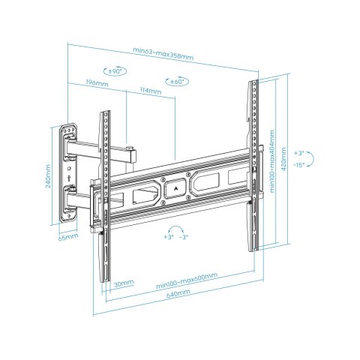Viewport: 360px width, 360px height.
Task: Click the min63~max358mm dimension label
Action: (163, 51)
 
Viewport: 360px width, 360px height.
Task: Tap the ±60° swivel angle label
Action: (177, 80)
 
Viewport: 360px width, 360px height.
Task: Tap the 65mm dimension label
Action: (68, 237)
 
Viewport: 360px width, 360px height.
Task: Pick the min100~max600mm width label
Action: (187, 279)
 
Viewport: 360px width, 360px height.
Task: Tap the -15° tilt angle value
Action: (298, 164)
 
